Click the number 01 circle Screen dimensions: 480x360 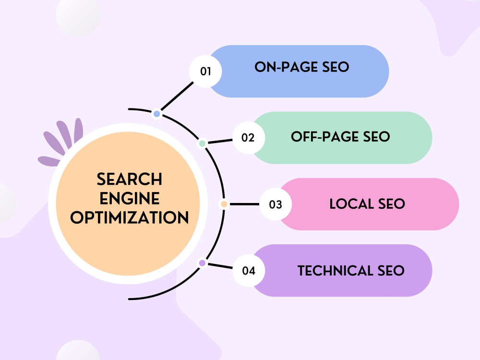(x=205, y=72)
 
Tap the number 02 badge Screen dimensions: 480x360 (x=248, y=138)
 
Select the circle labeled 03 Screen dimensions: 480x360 (x=276, y=204)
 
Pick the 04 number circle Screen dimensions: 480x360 (x=249, y=271)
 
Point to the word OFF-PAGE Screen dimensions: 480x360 (x=324, y=136)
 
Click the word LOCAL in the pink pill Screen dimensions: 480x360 (x=352, y=204)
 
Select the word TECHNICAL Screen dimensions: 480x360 (x=335, y=271)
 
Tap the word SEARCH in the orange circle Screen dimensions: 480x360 (x=130, y=179)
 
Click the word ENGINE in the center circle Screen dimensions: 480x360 (x=130, y=198)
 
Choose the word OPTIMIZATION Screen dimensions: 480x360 (x=130, y=217)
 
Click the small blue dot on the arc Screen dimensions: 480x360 (x=157, y=114)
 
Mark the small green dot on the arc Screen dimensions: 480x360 (x=202, y=143)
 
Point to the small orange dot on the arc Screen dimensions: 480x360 (x=224, y=204)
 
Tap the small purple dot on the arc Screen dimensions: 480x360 (x=203, y=263)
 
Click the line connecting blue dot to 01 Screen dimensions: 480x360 (x=177, y=96)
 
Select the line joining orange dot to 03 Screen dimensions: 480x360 (x=244, y=204)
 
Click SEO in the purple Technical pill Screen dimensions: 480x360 (x=391, y=271)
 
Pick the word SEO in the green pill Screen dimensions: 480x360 (x=376, y=136)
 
